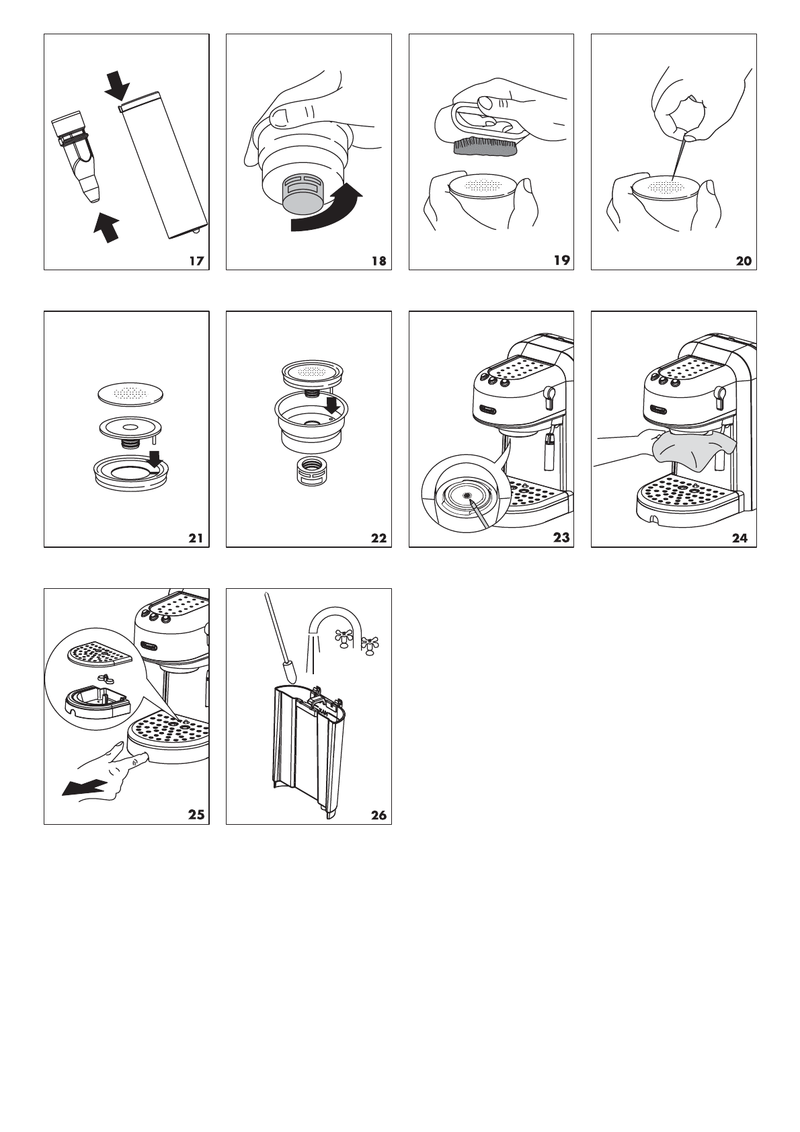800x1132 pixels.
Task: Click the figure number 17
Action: click(x=196, y=261)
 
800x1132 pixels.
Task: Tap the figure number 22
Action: click(x=378, y=538)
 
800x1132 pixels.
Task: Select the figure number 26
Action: click(x=378, y=815)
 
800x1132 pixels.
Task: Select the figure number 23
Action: click(x=561, y=538)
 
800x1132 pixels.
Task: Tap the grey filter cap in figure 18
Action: click(x=301, y=198)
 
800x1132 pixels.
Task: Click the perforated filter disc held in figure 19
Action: click(x=482, y=187)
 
